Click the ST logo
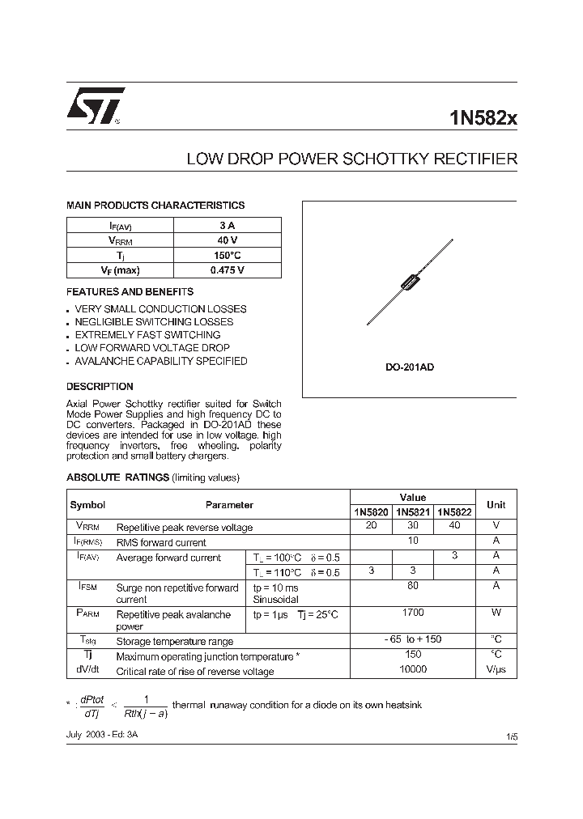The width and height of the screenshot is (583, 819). click(x=96, y=105)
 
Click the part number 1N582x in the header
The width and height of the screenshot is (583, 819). click(x=483, y=118)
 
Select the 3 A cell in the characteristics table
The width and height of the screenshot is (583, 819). click(x=228, y=226)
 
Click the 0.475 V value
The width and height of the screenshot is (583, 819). click(x=228, y=270)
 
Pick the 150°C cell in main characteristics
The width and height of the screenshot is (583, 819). click(x=228, y=255)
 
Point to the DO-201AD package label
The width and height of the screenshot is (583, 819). click(x=409, y=367)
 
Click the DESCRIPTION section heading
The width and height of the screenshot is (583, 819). click(x=100, y=387)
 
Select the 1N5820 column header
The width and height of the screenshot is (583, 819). click(x=371, y=511)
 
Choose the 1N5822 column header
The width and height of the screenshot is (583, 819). click(x=454, y=511)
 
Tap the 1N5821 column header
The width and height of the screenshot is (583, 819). click(x=413, y=511)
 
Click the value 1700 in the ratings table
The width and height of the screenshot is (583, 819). click(x=413, y=613)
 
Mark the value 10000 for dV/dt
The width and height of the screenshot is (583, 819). click(x=413, y=669)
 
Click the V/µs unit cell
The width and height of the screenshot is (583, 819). click(x=496, y=670)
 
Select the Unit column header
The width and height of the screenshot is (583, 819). click(x=496, y=504)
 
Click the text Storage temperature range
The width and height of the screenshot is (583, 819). click(x=175, y=641)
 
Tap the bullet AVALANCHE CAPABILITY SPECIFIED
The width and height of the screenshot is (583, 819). click(x=161, y=361)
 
